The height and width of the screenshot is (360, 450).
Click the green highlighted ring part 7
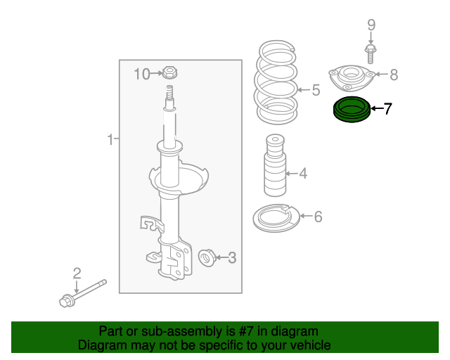(x=349, y=110)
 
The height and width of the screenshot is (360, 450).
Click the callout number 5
(x=316, y=90)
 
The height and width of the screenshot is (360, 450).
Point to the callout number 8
(x=394, y=74)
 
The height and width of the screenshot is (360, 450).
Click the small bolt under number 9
(x=371, y=51)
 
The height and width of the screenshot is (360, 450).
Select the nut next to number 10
(x=169, y=72)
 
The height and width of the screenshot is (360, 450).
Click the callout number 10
(x=142, y=73)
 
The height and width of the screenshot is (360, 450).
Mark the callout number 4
(x=302, y=173)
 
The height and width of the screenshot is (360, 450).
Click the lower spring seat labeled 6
(x=276, y=217)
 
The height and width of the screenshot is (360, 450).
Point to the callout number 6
(x=318, y=217)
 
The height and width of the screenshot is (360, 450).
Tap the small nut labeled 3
(x=207, y=258)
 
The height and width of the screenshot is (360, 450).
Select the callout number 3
(x=232, y=259)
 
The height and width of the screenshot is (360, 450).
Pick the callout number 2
(x=77, y=273)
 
